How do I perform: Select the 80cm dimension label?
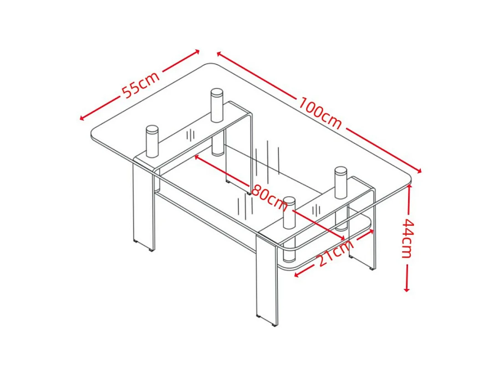(270, 198)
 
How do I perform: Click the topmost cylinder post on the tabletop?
(217, 105)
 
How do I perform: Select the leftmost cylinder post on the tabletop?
(152, 141)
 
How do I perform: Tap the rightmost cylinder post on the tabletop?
(341, 183)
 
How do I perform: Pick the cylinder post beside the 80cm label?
(289, 213)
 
